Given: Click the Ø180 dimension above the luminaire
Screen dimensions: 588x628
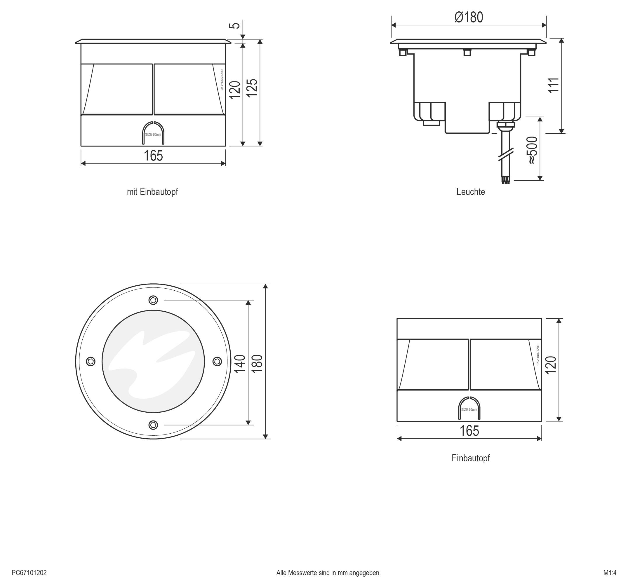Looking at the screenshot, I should [x=469, y=18].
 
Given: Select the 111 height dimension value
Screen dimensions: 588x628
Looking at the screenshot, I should [x=554, y=85].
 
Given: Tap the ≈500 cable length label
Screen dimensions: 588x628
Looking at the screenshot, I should [x=532, y=150].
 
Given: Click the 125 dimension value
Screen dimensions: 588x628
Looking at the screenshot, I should [x=252, y=88].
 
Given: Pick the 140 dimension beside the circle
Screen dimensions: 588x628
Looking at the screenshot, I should [x=240, y=364].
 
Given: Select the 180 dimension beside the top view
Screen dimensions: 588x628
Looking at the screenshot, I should [x=258, y=364].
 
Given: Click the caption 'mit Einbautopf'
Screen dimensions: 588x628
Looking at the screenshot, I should [x=152, y=192].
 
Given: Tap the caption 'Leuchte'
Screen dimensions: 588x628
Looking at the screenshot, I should [x=470, y=192].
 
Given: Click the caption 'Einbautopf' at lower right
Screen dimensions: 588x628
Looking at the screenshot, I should [x=470, y=458].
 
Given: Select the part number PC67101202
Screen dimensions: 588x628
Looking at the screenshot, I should [x=29, y=573].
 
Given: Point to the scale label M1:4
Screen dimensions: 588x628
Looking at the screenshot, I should [x=610, y=573].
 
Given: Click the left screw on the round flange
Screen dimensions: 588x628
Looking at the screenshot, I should [x=91, y=361].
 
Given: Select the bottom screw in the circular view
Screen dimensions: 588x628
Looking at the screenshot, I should [x=153, y=425].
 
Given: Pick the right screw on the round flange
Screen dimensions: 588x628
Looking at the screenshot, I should [x=217, y=361].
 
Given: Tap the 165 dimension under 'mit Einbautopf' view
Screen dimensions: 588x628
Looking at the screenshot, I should [x=153, y=156].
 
